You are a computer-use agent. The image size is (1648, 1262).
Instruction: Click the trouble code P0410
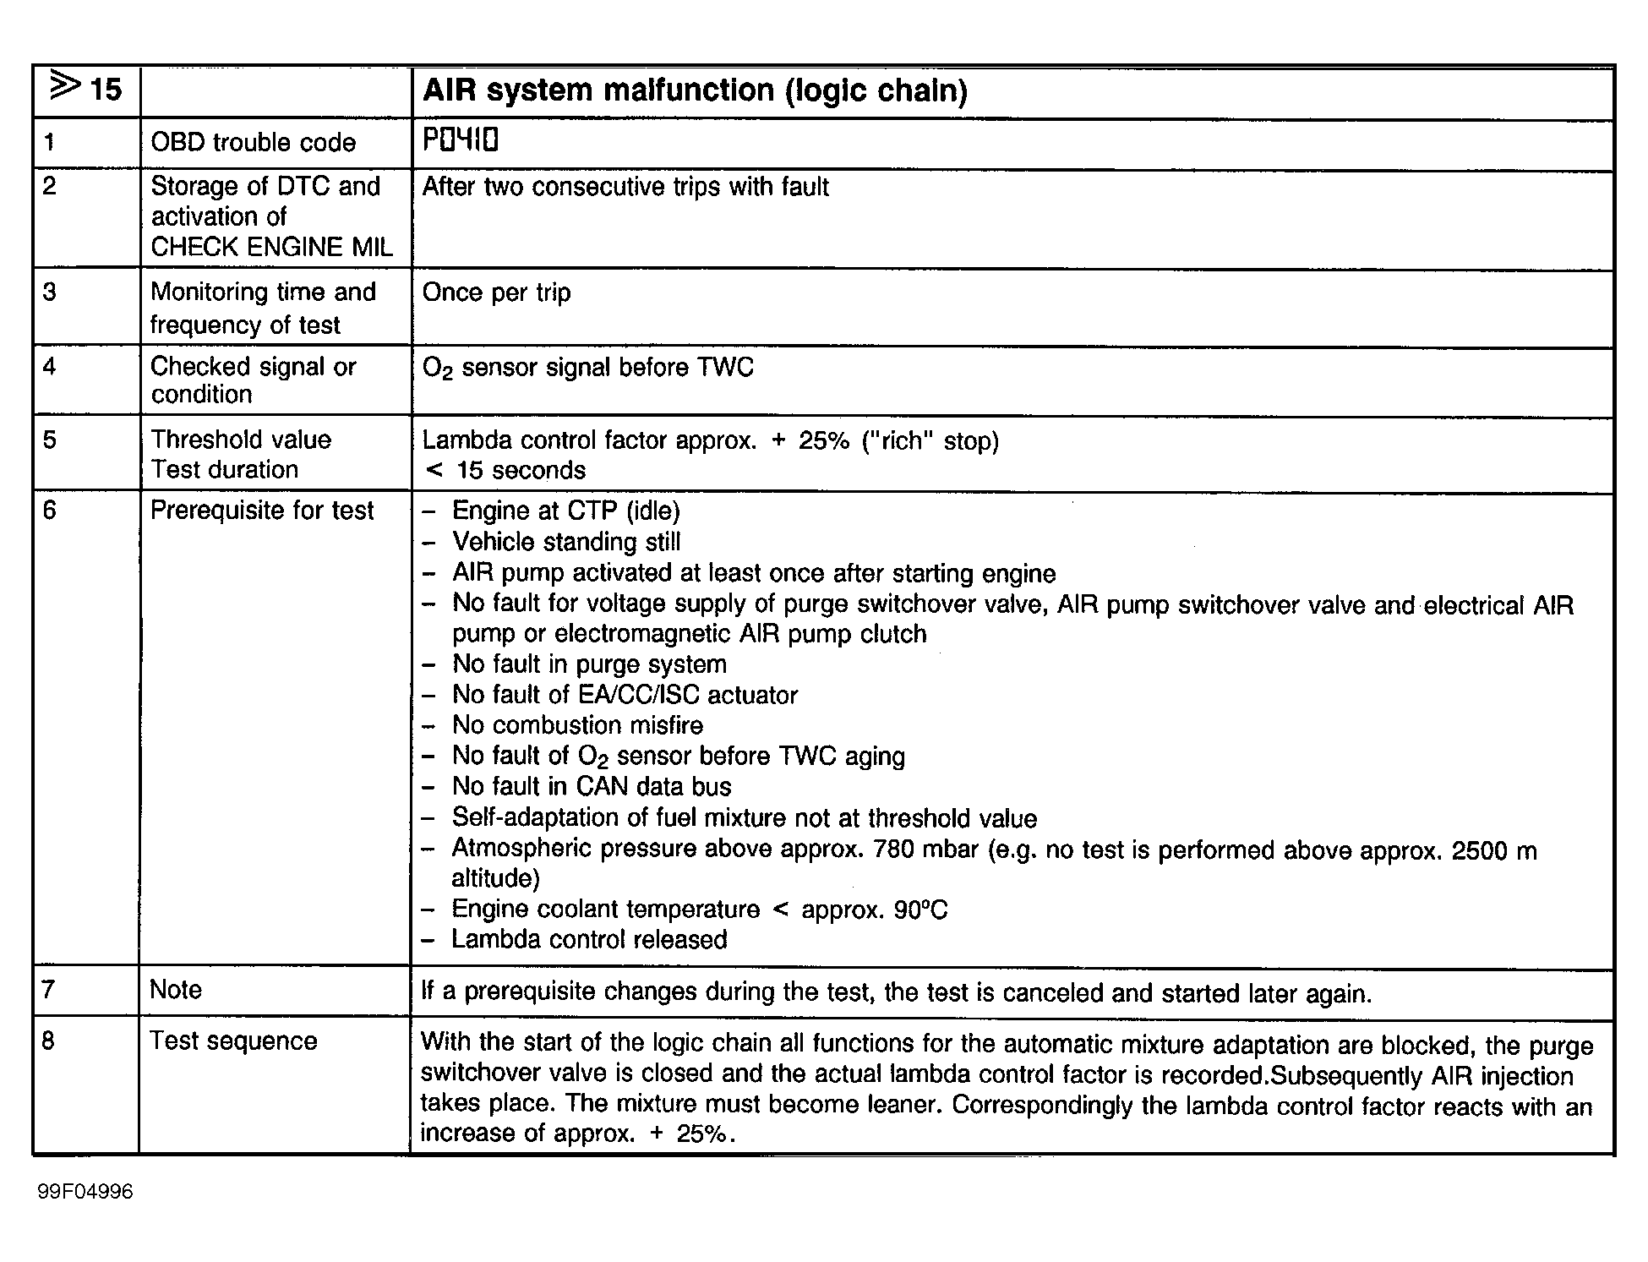click(461, 140)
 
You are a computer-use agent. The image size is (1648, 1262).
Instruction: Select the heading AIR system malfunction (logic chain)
click(695, 90)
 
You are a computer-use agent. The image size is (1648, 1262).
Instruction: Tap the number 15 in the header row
click(105, 90)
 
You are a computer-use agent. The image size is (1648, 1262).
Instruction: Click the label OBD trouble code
click(253, 142)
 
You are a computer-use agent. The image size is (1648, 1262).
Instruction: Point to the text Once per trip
click(496, 292)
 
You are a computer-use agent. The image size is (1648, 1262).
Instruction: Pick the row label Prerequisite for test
click(261, 511)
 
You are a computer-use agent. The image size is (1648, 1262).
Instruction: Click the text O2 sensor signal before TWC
click(587, 368)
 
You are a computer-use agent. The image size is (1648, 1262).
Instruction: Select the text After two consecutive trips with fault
click(625, 187)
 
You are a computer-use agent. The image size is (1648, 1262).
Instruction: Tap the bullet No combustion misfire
click(577, 725)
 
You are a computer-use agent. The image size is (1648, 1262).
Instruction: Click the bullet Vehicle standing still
click(565, 542)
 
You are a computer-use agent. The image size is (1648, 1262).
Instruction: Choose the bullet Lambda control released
click(588, 940)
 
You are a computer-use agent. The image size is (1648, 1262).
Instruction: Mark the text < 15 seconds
click(505, 471)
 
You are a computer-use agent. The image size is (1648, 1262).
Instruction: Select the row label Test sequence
click(233, 1041)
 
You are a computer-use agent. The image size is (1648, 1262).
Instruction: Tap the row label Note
click(176, 990)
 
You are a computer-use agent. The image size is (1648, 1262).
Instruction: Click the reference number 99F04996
click(85, 1192)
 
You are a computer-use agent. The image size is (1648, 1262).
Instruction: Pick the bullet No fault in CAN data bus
click(591, 786)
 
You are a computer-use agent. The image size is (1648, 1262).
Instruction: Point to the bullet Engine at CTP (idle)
click(565, 511)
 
